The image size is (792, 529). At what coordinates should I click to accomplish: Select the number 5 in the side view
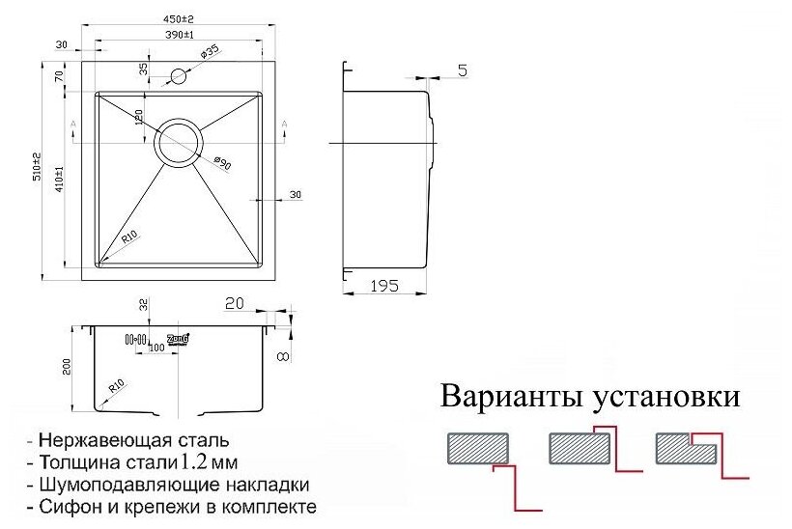point(463,70)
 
